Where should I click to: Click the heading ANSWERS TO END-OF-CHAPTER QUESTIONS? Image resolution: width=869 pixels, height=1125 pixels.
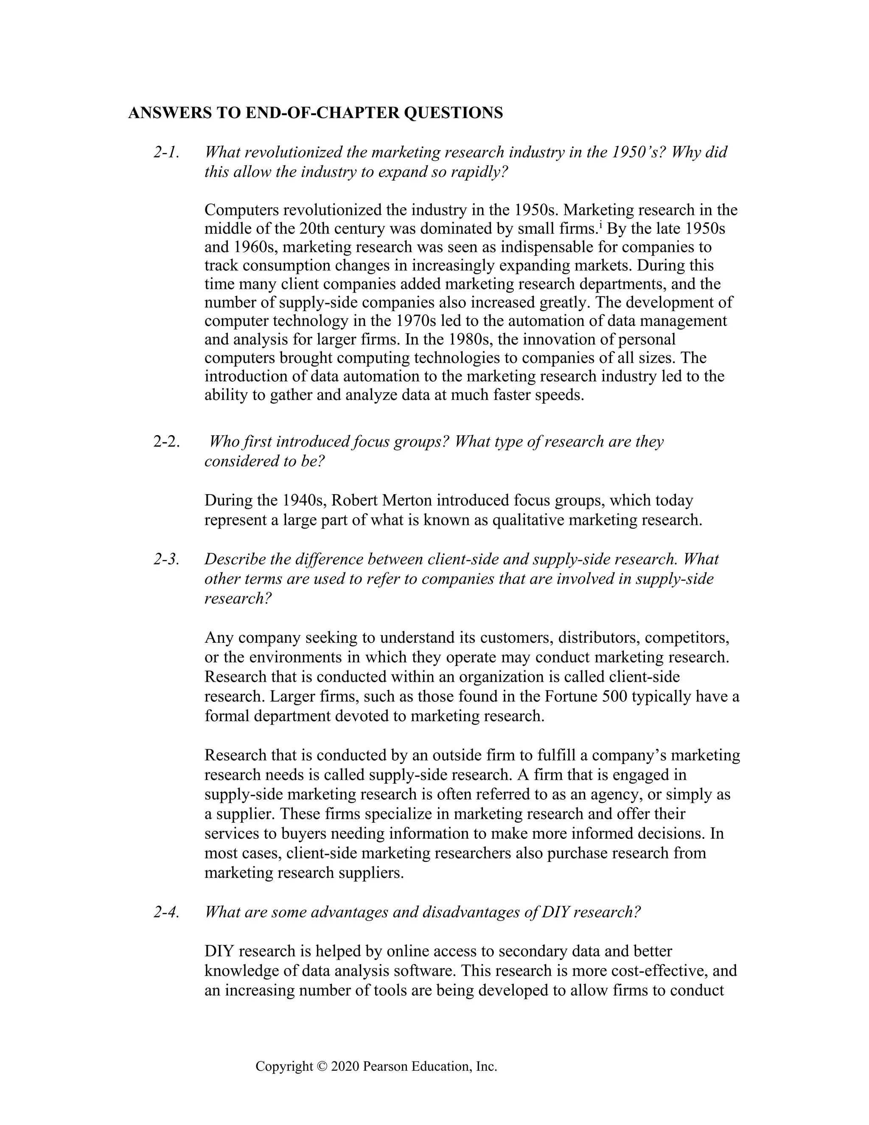(x=315, y=113)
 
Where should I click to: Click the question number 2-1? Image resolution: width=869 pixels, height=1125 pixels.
(x=166, y=152)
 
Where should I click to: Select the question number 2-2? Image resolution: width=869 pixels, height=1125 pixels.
(x=166, y=442)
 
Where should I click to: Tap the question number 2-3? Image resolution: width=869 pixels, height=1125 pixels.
(x=166, y=559)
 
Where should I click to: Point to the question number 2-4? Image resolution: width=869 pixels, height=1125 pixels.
(x=166, y=912)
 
